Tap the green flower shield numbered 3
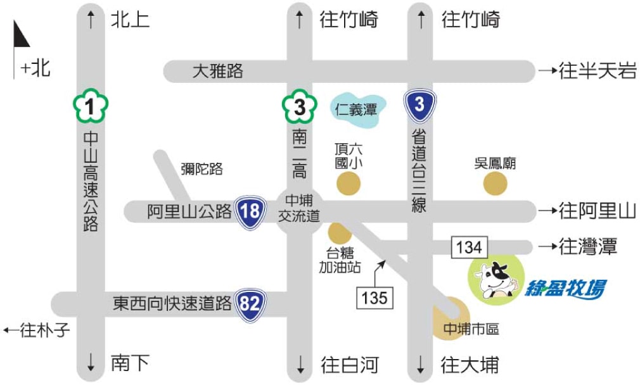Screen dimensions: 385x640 click(300, 108)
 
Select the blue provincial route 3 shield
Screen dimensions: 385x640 click(419, 106)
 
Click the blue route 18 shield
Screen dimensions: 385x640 click(250, 211)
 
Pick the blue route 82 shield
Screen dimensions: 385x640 click(250, 304)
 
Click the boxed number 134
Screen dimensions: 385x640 click(470, 247)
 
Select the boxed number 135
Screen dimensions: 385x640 click(374, 297)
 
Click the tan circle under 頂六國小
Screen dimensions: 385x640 click(348, 184)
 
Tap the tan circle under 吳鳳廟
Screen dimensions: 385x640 click(495, 184)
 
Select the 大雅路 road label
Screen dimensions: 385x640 click(218, 71)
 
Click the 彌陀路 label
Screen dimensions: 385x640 click(202, 168)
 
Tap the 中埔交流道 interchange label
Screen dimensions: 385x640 click(299, 208)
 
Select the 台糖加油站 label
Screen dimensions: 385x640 click(340, 260)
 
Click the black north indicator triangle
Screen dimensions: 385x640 click(21, 35)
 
